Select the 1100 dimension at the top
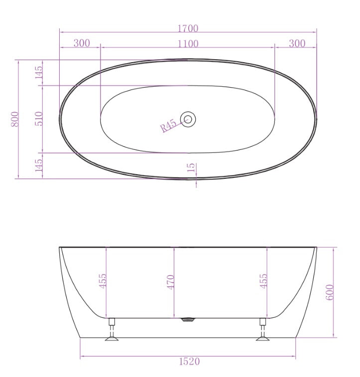pyautogui.click(x=188, y=43)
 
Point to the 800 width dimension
pyautogui.click(x=15, y=119)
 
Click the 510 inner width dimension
pyautogui.click(x=39, y=119)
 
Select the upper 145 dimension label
pyautogui.click(x=39, y=72)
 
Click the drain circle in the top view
pyautogui.click(x=188, y=119)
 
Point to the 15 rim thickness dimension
pyautogui.click(x=192, y=168)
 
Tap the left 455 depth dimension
pyautogui.click(x=103, y=282)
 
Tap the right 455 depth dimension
pyautogui.click(x=263, y=282)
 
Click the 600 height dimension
pyautogui.click(x=330, y=292)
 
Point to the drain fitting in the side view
pyautogui.click(x=188, y=320)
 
